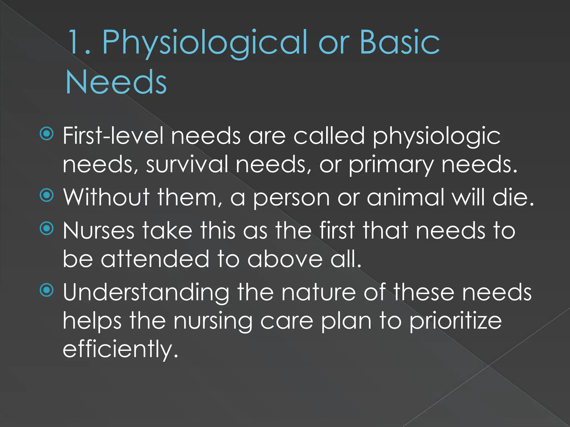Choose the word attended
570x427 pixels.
(x=155, y=259)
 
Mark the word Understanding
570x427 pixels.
(x=146, y=293)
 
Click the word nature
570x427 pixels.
(x=318, y=292)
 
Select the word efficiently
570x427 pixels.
(x=120, y=349)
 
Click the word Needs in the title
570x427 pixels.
(x=116, y=82)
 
